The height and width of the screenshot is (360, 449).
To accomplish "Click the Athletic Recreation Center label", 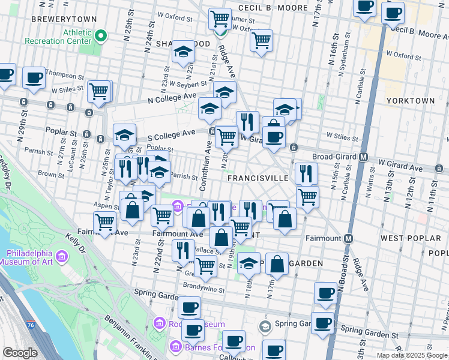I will click(x=58, y=37).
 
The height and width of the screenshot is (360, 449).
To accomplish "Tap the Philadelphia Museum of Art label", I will click(x=33, y=257).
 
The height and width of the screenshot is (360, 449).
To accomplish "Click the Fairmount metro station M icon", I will click(x=348, y=238).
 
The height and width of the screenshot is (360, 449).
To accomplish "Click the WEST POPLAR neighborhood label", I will click(x=406, y=238).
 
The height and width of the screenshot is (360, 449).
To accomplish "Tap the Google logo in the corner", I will click(x=20, y=353).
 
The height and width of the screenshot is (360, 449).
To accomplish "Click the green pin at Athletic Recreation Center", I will click(x=101, y=37).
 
